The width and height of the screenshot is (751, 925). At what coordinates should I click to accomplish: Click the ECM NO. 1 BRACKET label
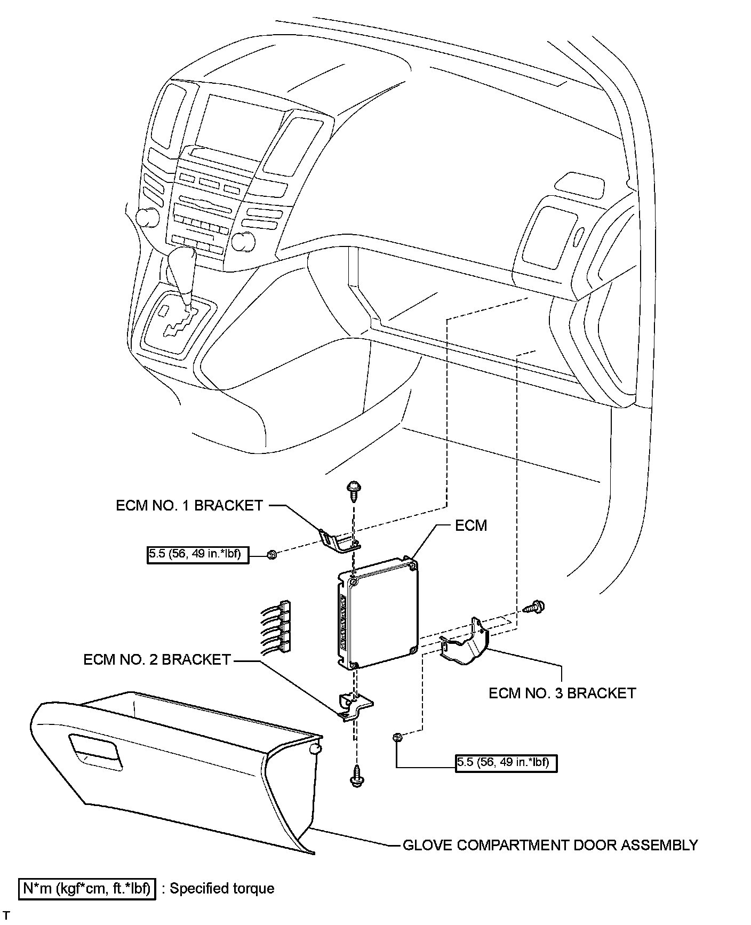tap(189, 505)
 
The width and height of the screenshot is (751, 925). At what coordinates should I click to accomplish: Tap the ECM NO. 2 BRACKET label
tap(157, 659)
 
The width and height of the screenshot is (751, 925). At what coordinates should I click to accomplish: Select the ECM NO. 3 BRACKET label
tap(562, 693)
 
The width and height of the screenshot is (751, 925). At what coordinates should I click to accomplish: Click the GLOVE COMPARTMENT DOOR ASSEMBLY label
tap(550, 846)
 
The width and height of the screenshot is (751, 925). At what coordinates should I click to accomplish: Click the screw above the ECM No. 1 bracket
tap(353, 489)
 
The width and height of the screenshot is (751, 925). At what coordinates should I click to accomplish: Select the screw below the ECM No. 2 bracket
tap(356, 778)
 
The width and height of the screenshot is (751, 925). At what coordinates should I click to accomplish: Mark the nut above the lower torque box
tap(397, 737)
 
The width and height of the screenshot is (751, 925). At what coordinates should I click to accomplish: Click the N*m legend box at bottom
tap(87, 889)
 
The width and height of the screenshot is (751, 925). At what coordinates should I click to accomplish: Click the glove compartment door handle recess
tap(96, 751)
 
